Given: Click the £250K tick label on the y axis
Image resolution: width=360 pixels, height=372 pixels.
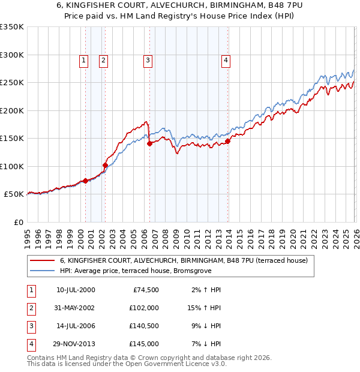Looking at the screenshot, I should click(x=12, y=83).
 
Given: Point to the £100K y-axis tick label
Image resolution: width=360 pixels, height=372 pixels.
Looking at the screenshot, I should click(x=12, y=166).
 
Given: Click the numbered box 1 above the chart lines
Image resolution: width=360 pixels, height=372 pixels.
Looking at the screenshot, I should click(x=83, y=60).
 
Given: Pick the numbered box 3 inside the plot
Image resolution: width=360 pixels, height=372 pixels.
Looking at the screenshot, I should click(x=148, y=60).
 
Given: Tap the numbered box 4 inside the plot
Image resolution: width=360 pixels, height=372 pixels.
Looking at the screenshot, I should click(x=226, y=60).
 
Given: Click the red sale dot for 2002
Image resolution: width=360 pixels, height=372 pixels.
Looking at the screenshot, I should click(x=105, y=165).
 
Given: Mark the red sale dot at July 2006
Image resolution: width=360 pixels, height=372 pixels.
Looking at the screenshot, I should click(x=149, y=143).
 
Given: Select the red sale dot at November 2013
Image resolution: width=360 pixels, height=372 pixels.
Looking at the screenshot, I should click(x=228, y=142).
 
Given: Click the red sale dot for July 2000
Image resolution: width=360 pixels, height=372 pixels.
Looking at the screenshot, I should click(x=85, y=181).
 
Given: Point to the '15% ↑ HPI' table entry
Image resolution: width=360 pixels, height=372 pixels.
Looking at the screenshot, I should click(x=203, y=307).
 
